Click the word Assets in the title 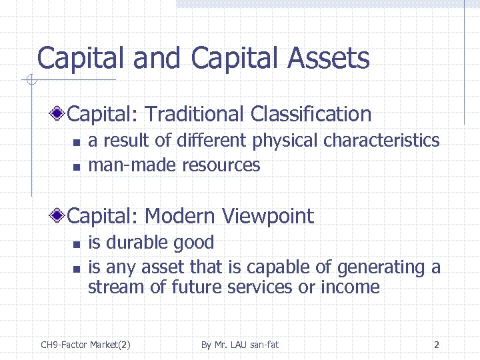tap(329, 58)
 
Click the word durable tap(138, 243)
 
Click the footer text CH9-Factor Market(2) tap(85, 345)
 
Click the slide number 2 tap(436, 345)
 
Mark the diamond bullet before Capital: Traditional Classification tap(61, 114)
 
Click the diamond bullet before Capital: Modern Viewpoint tap(61, 216)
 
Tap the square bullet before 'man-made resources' tap(76, 166)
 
